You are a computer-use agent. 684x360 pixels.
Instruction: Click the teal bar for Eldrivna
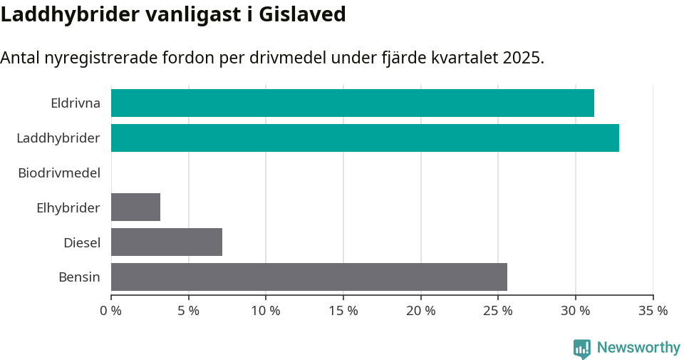pos(353,103)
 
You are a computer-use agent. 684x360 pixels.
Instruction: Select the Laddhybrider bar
pos(365,138)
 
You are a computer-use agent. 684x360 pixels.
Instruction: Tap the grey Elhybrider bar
pos(135,207)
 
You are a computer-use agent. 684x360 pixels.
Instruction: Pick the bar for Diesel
pos(167,242)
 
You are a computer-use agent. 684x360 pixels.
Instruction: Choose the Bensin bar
pos(309,277)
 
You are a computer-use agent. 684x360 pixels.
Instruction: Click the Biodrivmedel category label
pos(59,173)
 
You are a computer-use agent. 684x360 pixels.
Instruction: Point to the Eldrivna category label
pos(76,103)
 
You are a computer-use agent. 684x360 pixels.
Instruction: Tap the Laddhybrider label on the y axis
pos(58,138)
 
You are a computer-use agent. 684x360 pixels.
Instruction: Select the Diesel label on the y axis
pos(82,242)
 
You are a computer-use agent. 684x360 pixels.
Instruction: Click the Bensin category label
pos(79,277)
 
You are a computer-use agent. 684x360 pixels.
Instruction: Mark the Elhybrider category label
pos(68,207)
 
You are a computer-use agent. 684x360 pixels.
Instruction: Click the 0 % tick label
pos(111,311)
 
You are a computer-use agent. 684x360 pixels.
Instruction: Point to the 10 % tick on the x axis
pos(266,311)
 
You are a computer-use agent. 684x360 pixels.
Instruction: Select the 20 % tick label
pos(420,311)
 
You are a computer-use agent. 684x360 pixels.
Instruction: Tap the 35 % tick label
pos(653,311)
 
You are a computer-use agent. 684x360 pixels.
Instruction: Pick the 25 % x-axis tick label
pos(498,311)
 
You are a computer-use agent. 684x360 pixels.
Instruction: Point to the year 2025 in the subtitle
pos(523,58)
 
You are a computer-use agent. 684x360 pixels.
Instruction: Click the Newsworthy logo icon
pos(582,349)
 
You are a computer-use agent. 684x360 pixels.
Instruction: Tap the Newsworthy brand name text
pos(638,348)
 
